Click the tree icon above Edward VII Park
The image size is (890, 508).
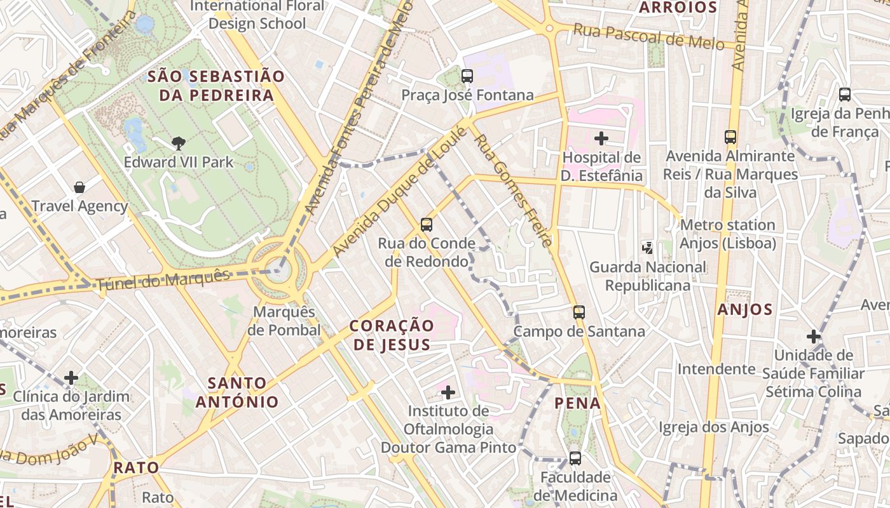[179, 144]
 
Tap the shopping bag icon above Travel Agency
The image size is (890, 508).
[79, 187]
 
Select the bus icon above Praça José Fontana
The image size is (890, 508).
[467, 76]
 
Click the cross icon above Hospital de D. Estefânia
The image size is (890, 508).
[601, 138]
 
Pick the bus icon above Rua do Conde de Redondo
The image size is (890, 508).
[427, 224]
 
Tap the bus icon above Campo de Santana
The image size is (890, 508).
[578, 312]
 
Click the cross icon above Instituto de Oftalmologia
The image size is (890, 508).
[448, 392]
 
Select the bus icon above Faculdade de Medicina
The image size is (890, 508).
[575, 458]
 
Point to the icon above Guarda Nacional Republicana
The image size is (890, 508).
[647, 248]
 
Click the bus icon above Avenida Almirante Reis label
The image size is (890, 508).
[730, 137]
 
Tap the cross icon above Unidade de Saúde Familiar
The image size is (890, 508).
[813, 337]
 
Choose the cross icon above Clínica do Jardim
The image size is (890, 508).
[71, 378]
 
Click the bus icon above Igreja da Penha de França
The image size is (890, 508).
[845, 95]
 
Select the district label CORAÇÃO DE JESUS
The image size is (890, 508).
[392, 335]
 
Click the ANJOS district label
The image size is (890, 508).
[745, 310]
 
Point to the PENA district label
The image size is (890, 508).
[577, 403]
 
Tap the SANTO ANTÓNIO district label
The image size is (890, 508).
[237, 392]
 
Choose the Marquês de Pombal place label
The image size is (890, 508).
[284, 321]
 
